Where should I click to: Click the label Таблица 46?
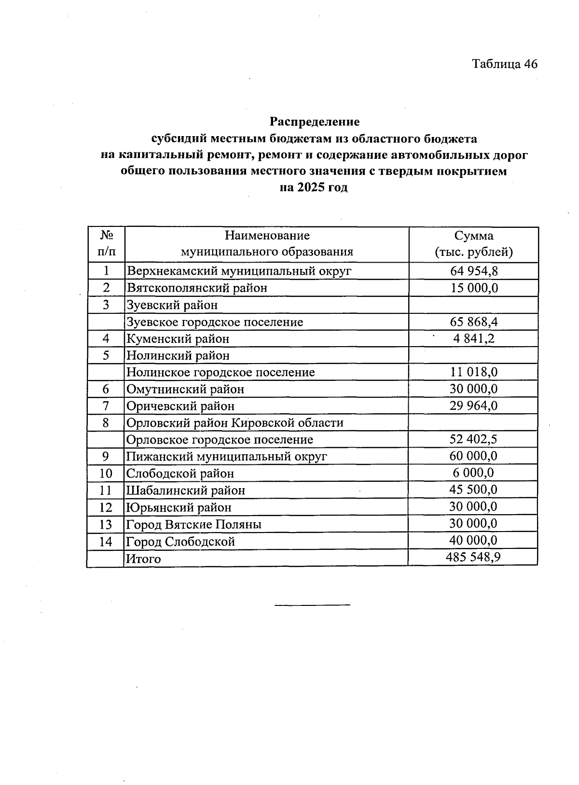tap(504, 64)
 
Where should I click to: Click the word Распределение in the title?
tap(314, 121)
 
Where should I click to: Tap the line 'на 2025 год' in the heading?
tap(314, 187)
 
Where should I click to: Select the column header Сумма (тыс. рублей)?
tap(473, 244)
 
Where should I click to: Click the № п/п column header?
tap(106, 244)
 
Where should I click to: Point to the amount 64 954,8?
tap(473, 271)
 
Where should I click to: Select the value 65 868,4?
tap(473, 322)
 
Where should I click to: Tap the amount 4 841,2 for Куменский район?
tap(473, 338)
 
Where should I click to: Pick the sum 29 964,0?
tap(473, 406)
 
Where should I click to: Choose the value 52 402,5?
tap(473, 439)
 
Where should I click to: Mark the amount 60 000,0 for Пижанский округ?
tap(473, 456)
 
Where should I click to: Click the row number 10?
tap(106, 474)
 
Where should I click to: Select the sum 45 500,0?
tap(473, 490)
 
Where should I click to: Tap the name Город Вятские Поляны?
tap(193, 524)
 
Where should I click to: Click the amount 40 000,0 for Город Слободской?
tap(473, 541)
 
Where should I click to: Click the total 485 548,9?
tap(473, 558)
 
